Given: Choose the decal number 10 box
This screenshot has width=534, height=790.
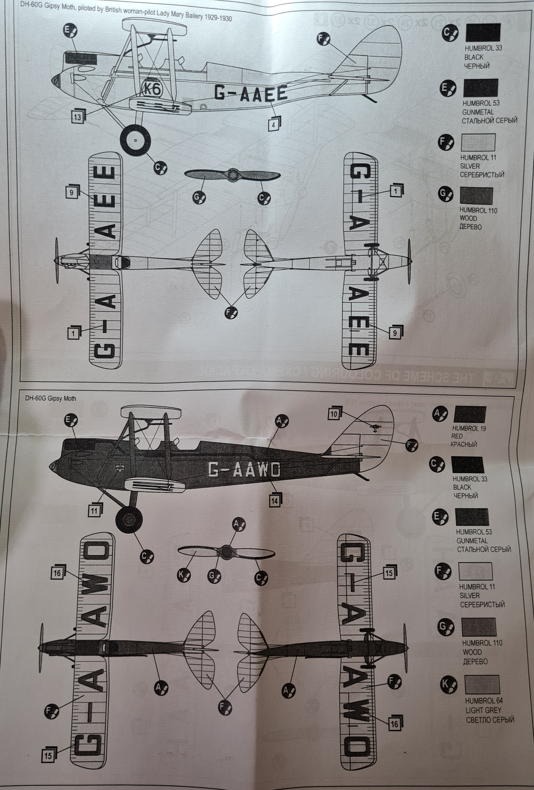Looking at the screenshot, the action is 334,414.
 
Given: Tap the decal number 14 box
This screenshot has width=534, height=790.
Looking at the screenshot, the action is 274,500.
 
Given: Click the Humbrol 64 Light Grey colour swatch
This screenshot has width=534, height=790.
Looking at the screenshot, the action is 482,685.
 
